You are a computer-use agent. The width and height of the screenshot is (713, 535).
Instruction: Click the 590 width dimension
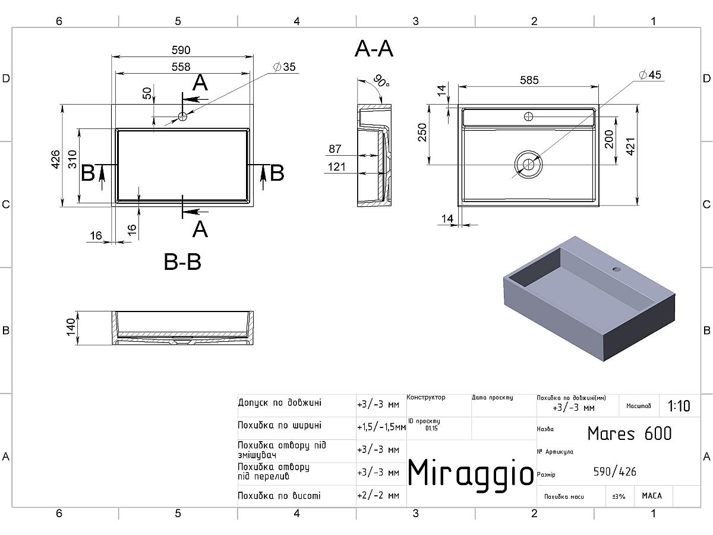pyautogui.click(x=181, y=51)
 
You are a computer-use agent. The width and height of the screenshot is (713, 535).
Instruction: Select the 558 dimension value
pyautogui.click(x=181, y=67)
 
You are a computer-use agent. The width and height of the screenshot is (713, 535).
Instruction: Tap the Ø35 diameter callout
pyautogui.click(x=285, y=67)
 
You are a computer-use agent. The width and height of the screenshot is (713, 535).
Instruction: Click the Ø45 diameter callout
pyautogui.click(x=649, y=75)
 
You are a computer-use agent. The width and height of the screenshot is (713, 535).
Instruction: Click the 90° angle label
pyautogui.click(x=381, y=81)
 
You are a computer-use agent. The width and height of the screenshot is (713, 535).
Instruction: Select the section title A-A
pyautogui.click(x=374, y=49)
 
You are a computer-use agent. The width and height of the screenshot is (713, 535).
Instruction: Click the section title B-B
pyautogui.click(x=182, y=262)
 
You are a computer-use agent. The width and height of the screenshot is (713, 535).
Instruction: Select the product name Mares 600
pyautogui.click(x=629, y=433)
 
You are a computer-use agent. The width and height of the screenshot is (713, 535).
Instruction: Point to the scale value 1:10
pyautogui.click(x=679, y=407)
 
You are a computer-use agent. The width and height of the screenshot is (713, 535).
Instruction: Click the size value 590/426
pyautogui.click(x=614, y=472)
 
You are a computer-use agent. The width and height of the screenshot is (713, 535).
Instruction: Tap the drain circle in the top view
pyautogui.click(x=528, y=164)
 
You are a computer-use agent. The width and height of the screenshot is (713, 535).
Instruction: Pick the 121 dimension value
pyautogui.click(x=336, y=167)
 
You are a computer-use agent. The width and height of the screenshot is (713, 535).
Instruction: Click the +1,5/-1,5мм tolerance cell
pyautogui.click(x=381, y=427)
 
